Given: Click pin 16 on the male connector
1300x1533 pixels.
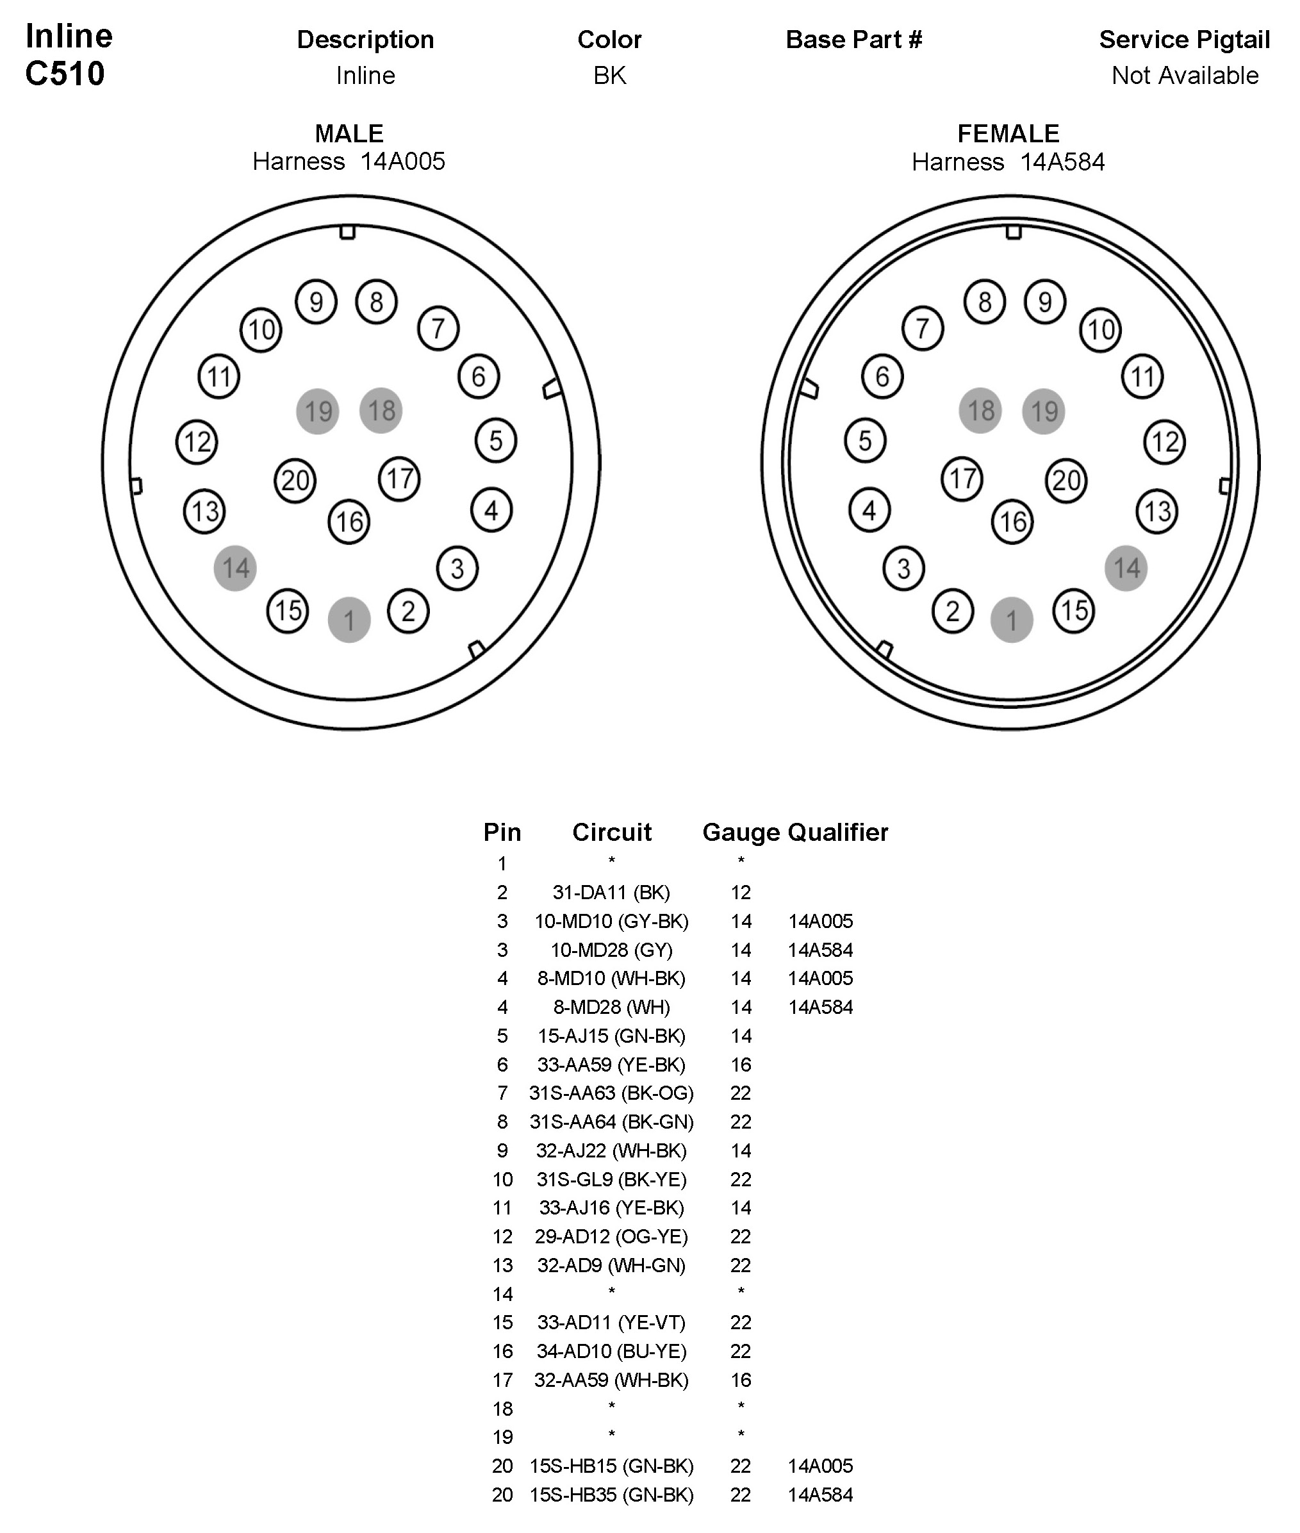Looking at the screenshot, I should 349,522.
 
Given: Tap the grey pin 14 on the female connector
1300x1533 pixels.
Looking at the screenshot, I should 1126,568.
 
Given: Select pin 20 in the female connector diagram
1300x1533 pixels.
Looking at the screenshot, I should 1066,481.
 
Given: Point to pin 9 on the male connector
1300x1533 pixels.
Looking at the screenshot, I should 316,301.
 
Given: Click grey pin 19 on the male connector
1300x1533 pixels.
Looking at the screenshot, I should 318,411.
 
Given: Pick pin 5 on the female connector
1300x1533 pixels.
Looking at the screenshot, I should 865,441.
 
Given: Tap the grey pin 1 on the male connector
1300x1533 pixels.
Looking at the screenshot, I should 349,620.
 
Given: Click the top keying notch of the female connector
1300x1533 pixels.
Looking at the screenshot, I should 1014,232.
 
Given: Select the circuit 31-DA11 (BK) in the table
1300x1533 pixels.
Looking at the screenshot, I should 611,893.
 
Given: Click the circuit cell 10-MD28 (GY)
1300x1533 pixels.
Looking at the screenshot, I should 611,950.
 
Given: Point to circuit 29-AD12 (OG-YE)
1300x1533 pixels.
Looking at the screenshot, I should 611,1236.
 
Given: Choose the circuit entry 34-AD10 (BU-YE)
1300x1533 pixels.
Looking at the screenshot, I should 611,1351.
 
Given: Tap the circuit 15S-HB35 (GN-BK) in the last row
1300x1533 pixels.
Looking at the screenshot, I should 611,1495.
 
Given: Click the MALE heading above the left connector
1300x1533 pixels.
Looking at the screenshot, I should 349,133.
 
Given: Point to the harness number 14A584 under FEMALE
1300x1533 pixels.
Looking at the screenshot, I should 1062,162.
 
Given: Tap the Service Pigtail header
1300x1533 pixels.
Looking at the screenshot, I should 1184,40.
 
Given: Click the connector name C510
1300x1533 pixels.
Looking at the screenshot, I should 65,74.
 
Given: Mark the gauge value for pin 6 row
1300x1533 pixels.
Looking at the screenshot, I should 741,1065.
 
